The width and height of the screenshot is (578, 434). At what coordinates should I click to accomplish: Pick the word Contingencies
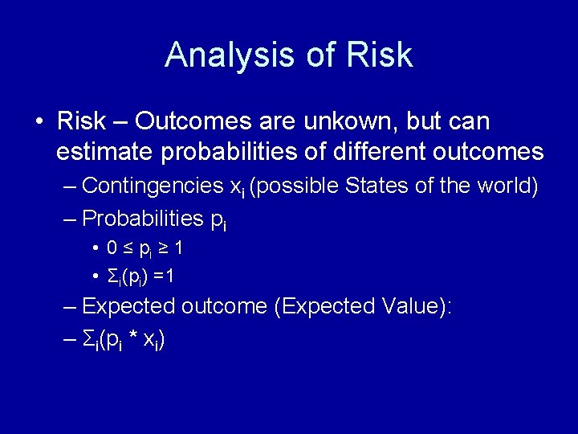(x=152, y=186)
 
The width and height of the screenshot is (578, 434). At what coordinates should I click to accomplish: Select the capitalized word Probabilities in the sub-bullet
(x=142, y=218)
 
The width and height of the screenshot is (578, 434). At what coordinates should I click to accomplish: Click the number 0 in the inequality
(x=113, y=249)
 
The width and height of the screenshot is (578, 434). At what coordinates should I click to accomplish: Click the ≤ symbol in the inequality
(x=128, y=249)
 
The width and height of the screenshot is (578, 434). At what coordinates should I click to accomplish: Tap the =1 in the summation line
(x=165, y=276)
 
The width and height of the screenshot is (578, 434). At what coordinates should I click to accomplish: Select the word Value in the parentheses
(x=410, y=306)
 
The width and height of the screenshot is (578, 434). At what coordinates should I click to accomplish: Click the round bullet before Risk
(x=39, y=122)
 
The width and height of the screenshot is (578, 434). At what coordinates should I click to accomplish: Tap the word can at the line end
(x=467, y=121)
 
